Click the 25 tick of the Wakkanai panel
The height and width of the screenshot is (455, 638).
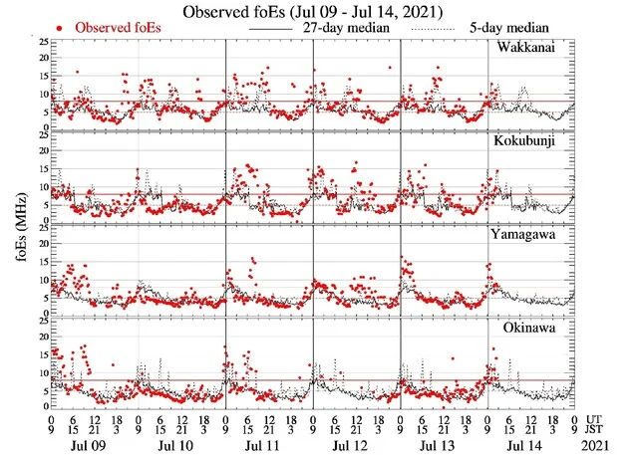pos(41,43)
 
